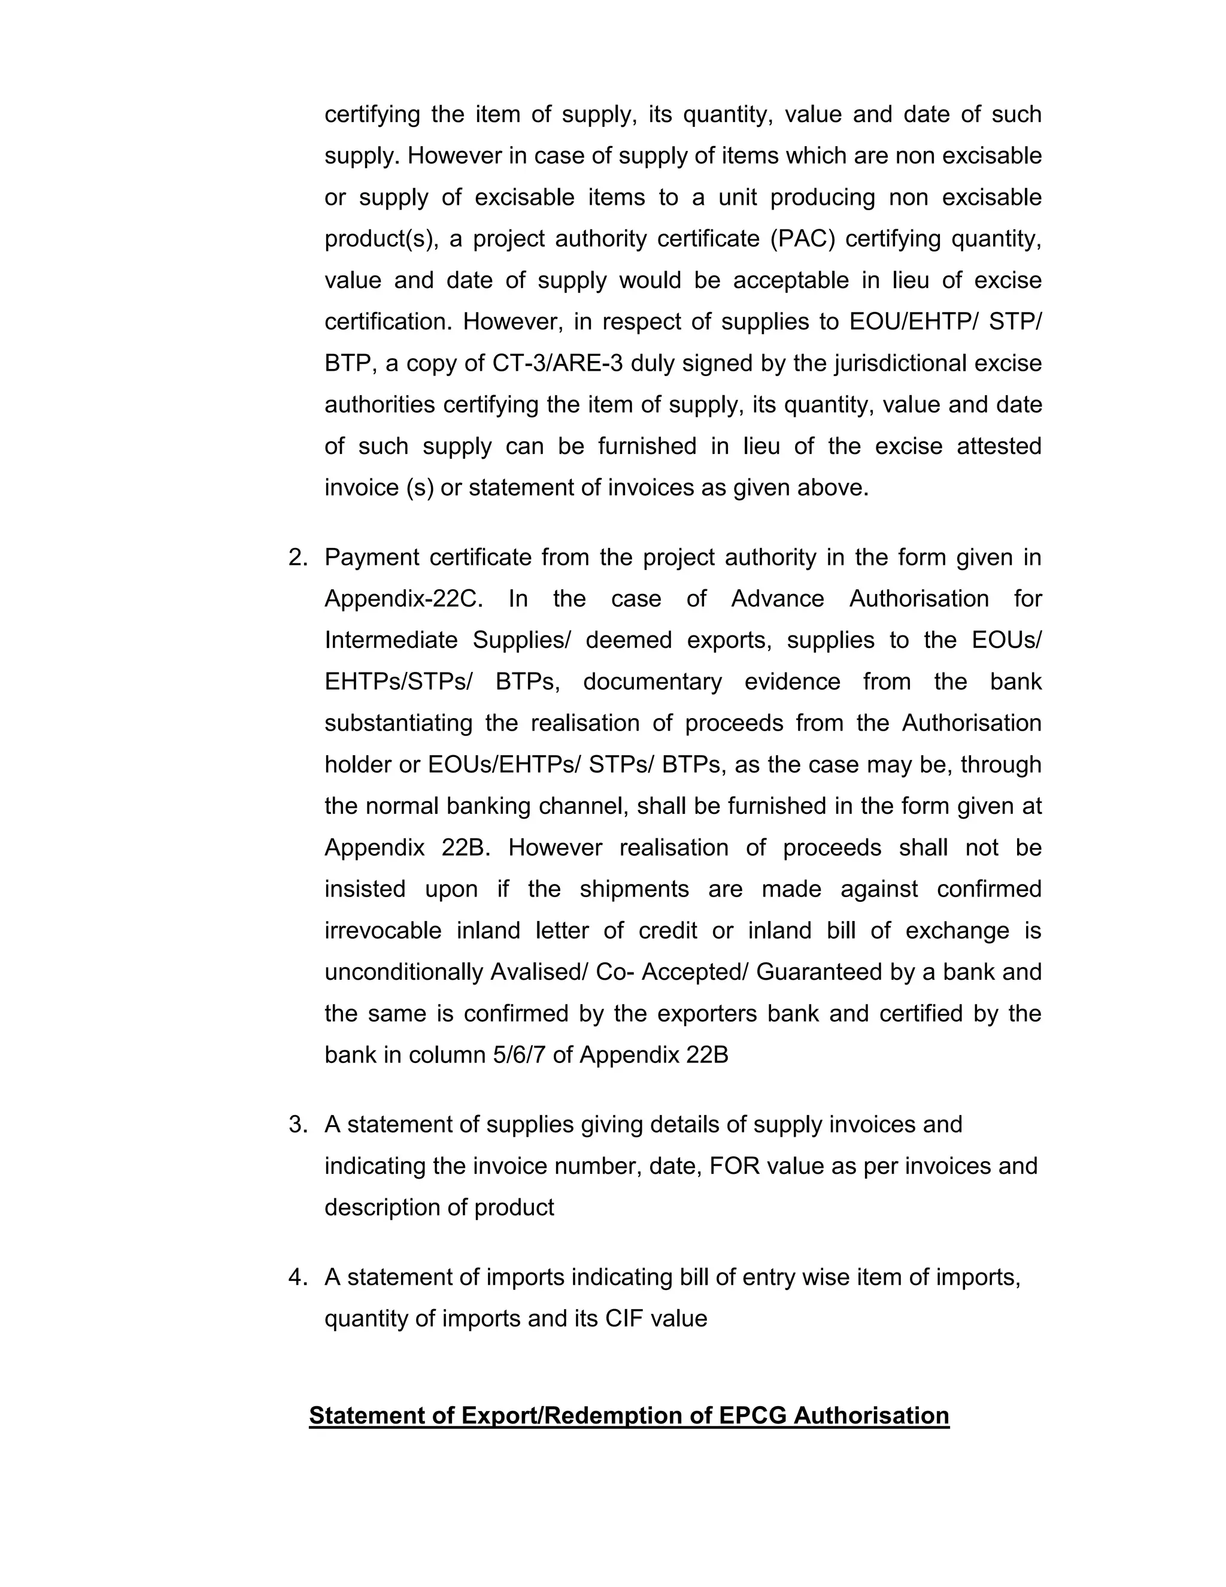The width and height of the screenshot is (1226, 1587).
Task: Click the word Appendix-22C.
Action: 403,599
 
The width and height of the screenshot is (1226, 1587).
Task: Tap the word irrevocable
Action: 383,931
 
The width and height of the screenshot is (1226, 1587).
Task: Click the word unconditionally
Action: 403,972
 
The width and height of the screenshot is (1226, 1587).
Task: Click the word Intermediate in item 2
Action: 392,640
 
